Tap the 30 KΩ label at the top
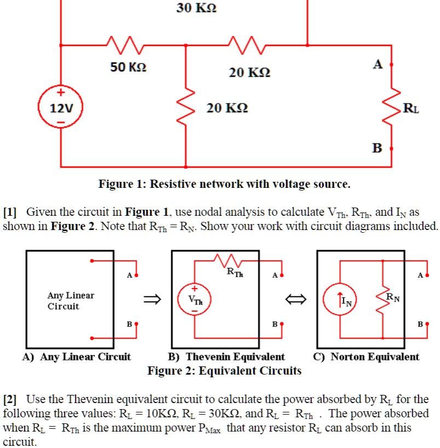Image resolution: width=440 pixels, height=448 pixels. click(196, 8)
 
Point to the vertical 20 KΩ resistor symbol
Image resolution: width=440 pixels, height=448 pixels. click(186, 107)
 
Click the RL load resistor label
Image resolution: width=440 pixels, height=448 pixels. click(412, 107)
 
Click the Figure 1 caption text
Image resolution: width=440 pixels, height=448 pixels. click(224, 184)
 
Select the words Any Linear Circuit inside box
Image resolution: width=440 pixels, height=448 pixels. click(71, 301)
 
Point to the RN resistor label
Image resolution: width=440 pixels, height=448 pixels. click(393, 298)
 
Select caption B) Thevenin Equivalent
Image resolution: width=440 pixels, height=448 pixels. click(227, 357)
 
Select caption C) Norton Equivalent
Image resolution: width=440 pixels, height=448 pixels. click(366, 357)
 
